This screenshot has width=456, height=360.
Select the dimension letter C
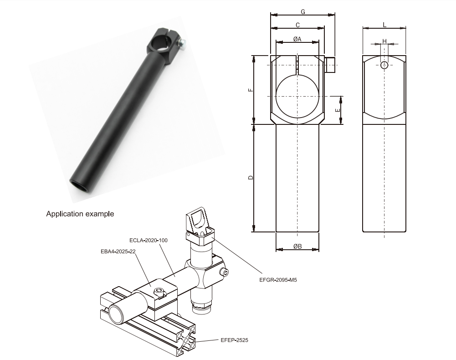pyautogui.click(x=297, y=24)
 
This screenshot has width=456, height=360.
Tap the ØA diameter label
pyautogui.click(x=297, y=39)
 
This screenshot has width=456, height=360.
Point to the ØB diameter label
pyautogui.click(x=297, y=247)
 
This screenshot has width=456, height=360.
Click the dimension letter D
pyautogui.click(x=251, y=177)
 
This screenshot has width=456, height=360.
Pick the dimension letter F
pyautogui.click(x=251, y=90)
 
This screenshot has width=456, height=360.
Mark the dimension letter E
pyautogui.click(x=337, y=110)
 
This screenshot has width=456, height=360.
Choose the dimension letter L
pyautogui.click(x=384, y=24)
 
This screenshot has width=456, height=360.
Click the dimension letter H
pyautogui.click(x=384, y=41)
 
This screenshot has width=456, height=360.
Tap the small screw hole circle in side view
pyautogui.click(x=384, y=65)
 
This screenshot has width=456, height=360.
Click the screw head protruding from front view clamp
pyautogui.click(x=331, y=65)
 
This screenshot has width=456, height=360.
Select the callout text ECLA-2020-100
pyautogui.click(x=148, y=240)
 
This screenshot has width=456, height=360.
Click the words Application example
pyautogui.click(x=80, y=213)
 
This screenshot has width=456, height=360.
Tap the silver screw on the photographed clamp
pyautogui.click(x=183, y=43)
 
